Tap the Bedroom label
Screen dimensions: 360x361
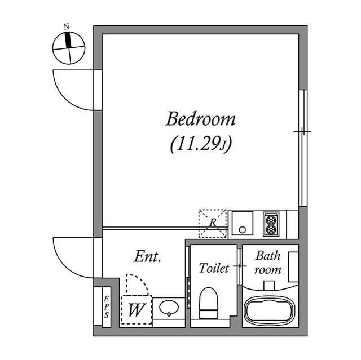(200, 119)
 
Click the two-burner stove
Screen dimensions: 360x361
(271, 224)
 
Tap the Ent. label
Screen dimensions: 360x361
(148, 257)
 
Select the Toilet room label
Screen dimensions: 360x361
(214, 268)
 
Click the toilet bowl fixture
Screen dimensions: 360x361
(209, 304)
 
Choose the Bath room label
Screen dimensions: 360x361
(268, 263)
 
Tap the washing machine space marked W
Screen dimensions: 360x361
(135, 309)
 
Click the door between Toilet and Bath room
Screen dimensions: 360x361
(241, 265)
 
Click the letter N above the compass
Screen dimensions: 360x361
(67, 26)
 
